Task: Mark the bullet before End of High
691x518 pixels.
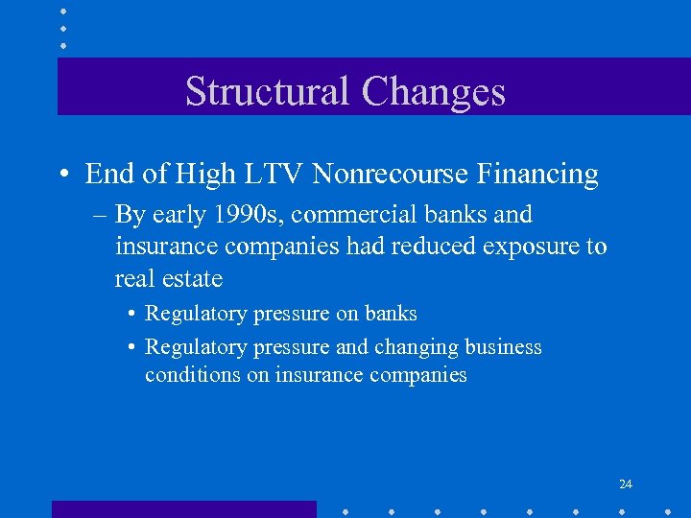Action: [x=62, y=176]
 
